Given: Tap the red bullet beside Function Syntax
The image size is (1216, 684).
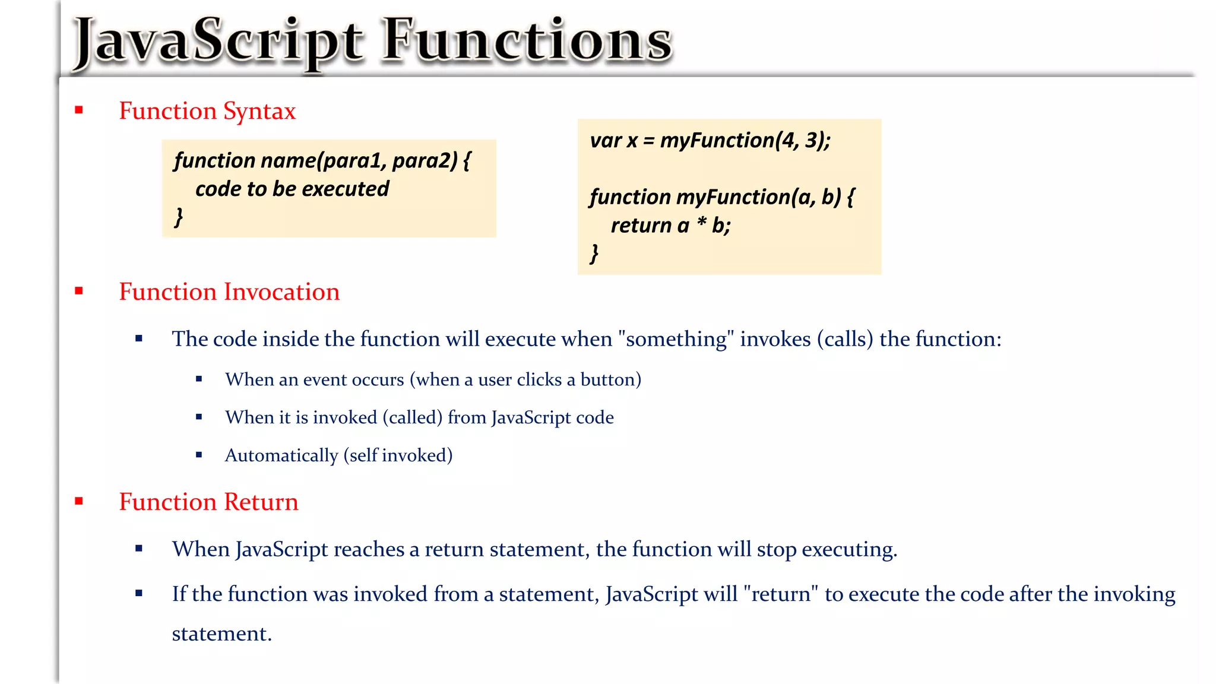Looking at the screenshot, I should point(79,110).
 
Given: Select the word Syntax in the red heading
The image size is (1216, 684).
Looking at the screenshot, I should point(259,112).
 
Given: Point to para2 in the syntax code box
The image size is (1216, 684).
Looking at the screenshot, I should point(425,161).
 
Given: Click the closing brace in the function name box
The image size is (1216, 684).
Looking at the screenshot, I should point(178,217).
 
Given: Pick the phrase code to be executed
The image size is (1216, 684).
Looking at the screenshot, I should point(292,189).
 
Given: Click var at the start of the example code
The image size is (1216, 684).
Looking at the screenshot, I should point(605,141).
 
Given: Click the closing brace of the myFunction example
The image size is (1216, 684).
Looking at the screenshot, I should point(594,254).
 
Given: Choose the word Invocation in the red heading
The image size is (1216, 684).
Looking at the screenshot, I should point(281,292).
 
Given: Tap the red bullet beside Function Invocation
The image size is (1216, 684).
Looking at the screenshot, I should point(79,291).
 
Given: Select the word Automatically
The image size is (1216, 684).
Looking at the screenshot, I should point(281,456).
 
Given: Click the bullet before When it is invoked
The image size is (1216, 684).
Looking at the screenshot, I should point(199,417).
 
